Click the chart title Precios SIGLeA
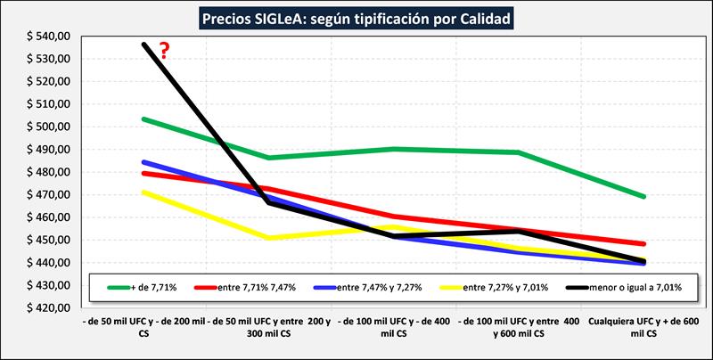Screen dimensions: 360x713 [356, 17]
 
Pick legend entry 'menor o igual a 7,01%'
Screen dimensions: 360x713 [628, 286]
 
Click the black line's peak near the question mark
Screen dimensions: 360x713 [143, 44]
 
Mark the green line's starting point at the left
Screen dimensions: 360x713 [143, 119]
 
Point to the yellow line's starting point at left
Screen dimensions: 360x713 [143, 192]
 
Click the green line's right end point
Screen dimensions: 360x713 [643, 196]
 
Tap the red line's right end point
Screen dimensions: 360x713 [643, 243]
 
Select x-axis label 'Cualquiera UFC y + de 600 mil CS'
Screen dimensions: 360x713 [643, 326]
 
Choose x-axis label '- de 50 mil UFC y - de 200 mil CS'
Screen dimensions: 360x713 [143, 326]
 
